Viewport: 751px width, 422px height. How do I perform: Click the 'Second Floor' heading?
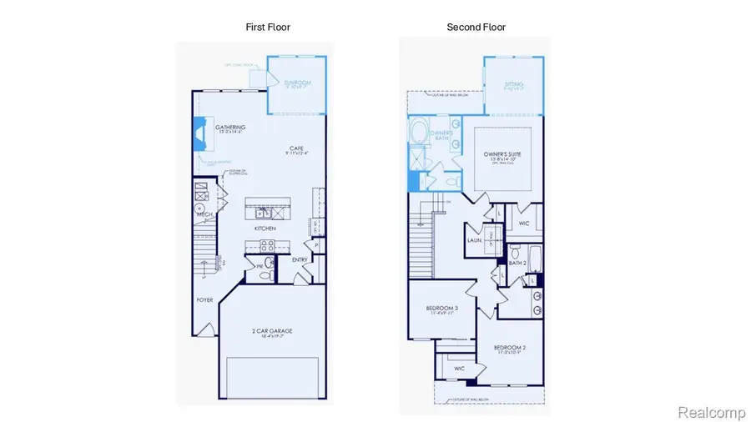[476, 28]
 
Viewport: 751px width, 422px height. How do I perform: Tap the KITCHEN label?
[265, 228]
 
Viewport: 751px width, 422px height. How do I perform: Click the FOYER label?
[204, 299]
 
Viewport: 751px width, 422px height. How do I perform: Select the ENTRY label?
[300, 259]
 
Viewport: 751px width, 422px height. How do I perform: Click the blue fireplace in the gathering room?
[200, 133]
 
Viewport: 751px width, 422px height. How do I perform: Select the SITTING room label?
[514, 84]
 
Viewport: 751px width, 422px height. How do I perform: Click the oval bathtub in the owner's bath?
[417, 131]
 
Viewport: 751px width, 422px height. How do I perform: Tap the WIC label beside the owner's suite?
[523, 224]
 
